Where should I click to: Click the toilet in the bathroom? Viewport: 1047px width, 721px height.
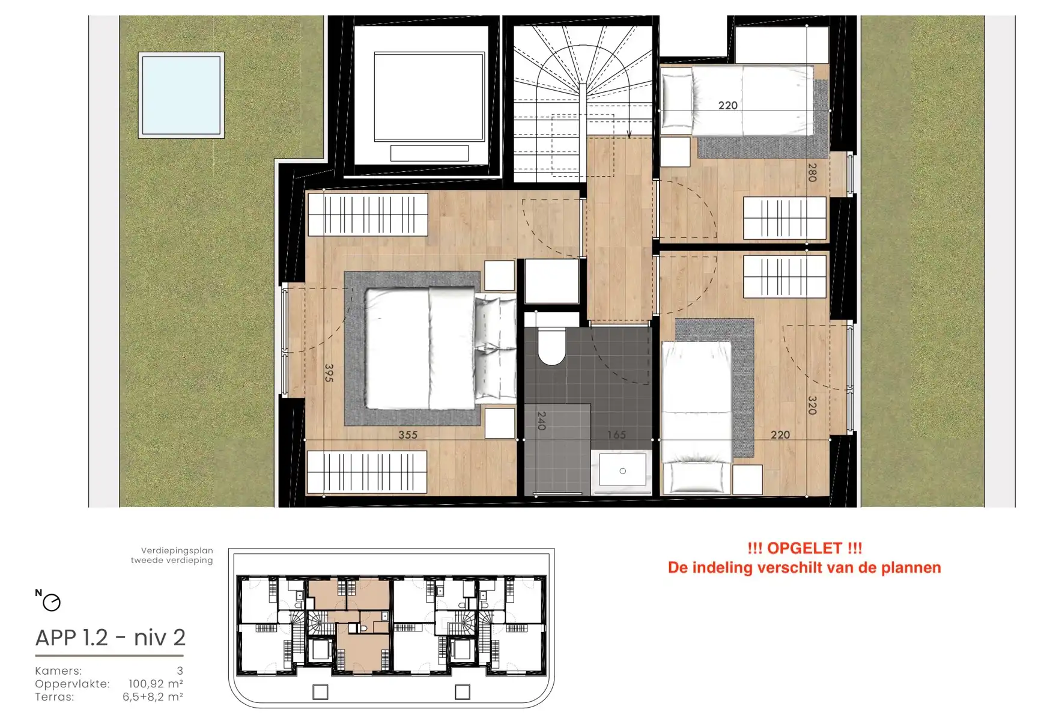551,347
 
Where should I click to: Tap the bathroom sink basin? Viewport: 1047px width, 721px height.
622,470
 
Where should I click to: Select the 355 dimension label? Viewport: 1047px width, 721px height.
408,434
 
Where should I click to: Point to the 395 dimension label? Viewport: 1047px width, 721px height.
329,373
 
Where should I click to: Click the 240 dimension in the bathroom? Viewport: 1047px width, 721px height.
541,421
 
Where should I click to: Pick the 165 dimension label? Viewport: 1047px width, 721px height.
616,434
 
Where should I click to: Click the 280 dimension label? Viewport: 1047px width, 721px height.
812,172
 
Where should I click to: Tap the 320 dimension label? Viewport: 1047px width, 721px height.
812,406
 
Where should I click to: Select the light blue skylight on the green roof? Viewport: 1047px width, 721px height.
181,95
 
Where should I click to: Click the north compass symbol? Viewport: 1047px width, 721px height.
51,602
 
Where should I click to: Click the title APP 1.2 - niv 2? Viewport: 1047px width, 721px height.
111,637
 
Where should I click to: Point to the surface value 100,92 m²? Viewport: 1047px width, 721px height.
156,684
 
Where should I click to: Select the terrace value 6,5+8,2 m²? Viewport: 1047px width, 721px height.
153,697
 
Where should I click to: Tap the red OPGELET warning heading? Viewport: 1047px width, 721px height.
804,548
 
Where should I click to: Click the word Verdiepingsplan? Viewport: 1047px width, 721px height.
177,550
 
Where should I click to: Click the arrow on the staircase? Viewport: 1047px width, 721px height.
630,133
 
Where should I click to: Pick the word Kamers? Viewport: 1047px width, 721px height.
58,671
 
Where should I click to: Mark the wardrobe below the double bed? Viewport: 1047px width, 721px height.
367,472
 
